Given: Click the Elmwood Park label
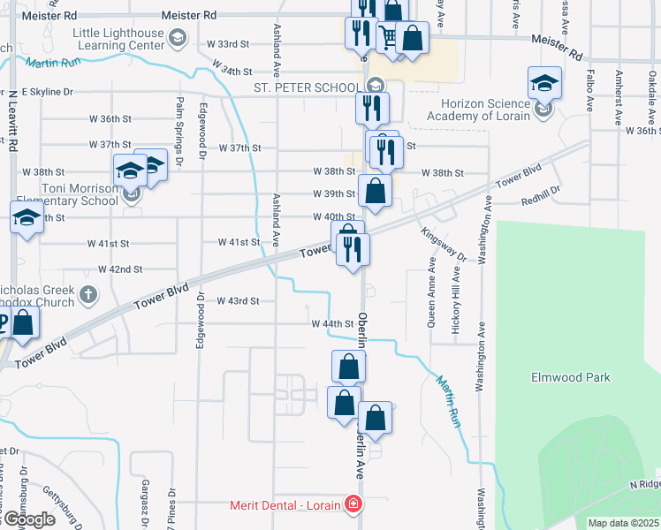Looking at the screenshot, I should (x=570, y=377).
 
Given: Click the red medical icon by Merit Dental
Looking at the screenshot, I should (x=353, y=503).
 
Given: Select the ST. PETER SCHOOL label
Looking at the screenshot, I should (x=308, y=87).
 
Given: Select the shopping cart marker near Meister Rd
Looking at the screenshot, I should (x=388, y=37).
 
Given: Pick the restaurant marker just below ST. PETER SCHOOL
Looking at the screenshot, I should (x=372, y=108).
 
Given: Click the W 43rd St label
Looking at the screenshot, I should (x=237, y=301).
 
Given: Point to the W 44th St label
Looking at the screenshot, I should (x=332, y=324).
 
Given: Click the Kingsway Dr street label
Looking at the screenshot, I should (x=444, y=244).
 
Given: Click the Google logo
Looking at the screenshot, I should (x=29, y=519).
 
